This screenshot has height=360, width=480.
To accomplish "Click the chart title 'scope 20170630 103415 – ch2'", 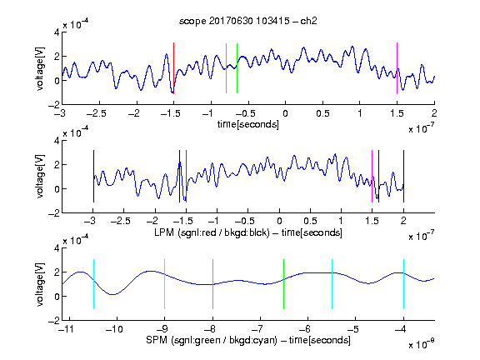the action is pyautogui.click(x=248, y=21).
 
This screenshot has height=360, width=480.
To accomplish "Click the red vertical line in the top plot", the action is pyautogui.click(x=173, y=68).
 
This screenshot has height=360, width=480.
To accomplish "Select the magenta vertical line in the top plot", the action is pyautogui.click(x=397, y=68).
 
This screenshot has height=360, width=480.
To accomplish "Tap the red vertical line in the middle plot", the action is pyautogui.click(x=186, y=176).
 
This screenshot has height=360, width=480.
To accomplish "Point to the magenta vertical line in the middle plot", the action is pyautogui.click(x=372, y=176).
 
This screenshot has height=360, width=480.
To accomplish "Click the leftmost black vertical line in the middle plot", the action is pyautogui.click(x=93, y=176).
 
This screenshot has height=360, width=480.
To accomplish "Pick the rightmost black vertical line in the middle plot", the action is pyautogui.click(x=403, y=176).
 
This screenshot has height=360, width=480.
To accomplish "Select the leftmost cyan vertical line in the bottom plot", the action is pyautogui.click(x=93, y=284).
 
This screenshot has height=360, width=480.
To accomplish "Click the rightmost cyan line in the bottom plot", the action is pyautogui.click(x=403, y=284).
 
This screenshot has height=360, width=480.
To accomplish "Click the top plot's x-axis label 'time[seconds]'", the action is pyautogui.click(x=248, y=124).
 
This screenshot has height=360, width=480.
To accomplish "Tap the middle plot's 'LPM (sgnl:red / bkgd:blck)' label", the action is pyautogui.click(x=212, y=232).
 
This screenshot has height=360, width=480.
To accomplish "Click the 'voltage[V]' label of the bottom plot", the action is pyautogui.click(x=40, y=284).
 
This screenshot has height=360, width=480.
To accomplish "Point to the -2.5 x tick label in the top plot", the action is pyautogui.click(x=97, y=113).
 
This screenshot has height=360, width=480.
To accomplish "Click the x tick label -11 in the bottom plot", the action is pyautogui.click(x=66, y=329).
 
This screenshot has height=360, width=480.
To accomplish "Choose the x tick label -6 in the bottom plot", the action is pyautogui.click(x=304, y=329).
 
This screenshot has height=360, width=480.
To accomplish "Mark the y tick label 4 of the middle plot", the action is pyautogui.click(x=57, y=141).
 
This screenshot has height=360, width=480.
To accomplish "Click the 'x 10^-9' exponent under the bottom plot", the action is pyautogui.click(x=422, y=344).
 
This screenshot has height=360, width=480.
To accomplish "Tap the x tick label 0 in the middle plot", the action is pyautogui.click(x=279, y=221).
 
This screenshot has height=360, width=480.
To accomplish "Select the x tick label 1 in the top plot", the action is pyautogui.click(x=360, y=113).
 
